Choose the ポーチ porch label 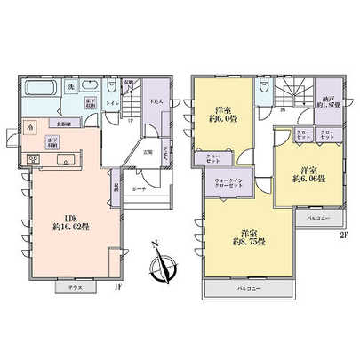click(x=140, y=190)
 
